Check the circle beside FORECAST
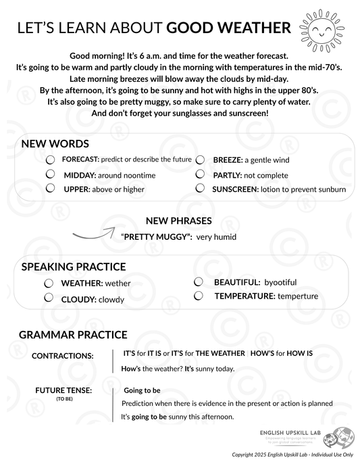pyautogui.click(x=50, y=160)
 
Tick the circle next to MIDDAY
pyautogui.click(x=50, y=174)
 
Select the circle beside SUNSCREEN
pyautogui.click(x=200, y=188)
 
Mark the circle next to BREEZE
pyautogui.click(x=200, y=160)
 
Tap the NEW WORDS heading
pyautogui.click(x=55, y=144)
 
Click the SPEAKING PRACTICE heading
pyautogui.click(x=74, y=267)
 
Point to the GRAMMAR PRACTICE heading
pyautogui.click(x=73, y=334)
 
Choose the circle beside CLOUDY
pyautogui.click(x=49, y=297)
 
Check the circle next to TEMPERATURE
pyautogui.click(x=199, y=295)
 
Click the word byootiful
pyautogui.click(x=280, y=282)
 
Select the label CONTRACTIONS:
pyautogui.click(x=63, y=355)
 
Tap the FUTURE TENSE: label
pyautogui.click(x=63, y=390)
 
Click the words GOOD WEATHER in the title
pyautogui.click(x=228, y=28)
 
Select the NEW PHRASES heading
pyautogui.click(x=178, y=221)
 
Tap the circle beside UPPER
pyautogui.click(x=50, y=188)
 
